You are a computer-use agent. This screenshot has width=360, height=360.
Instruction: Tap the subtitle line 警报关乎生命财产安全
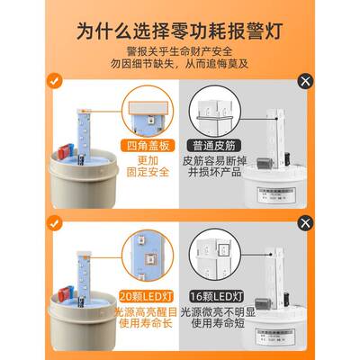tap(180, 50)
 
